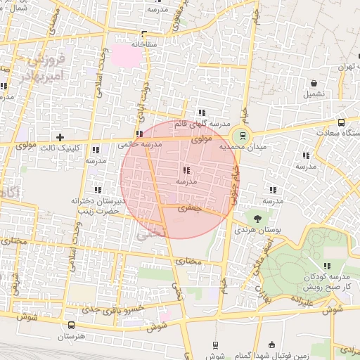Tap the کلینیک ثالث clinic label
click(77, 148)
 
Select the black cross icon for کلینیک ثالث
click(60, 136)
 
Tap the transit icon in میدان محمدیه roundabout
click(243, 136)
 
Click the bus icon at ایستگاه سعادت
click(342, 122)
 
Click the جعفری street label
click(189, 208)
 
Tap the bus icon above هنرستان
click(72, 326)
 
